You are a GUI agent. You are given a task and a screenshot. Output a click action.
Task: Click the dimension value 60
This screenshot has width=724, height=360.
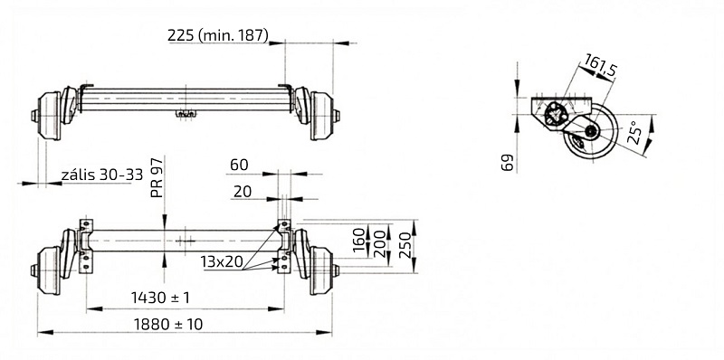(x=239, y=165)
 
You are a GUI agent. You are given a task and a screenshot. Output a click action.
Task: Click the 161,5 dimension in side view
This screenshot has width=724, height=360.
(x=602, y=66)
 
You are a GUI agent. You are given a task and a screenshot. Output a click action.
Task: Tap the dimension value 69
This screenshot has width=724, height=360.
(x=507, y=162)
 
